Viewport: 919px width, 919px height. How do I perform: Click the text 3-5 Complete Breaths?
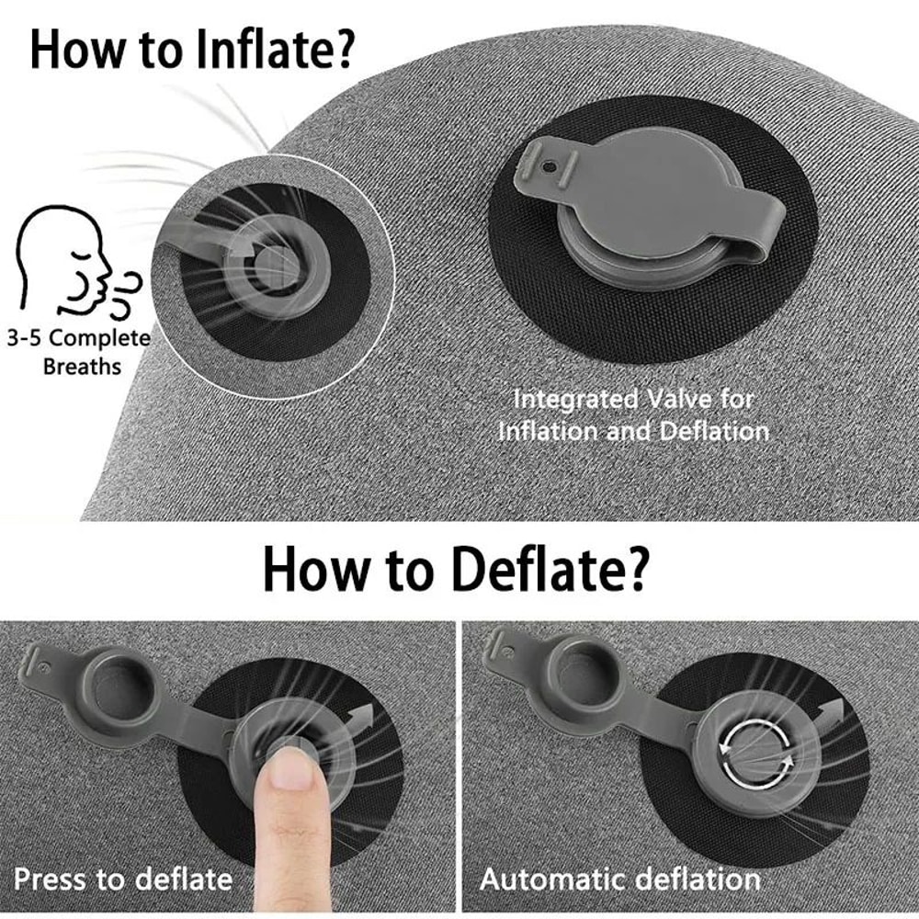coord(82,351)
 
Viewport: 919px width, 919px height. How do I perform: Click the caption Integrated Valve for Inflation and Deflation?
coord(633,414)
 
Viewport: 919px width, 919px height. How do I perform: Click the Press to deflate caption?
coord(122,879)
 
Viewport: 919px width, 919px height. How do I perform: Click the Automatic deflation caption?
coord(620,879)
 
